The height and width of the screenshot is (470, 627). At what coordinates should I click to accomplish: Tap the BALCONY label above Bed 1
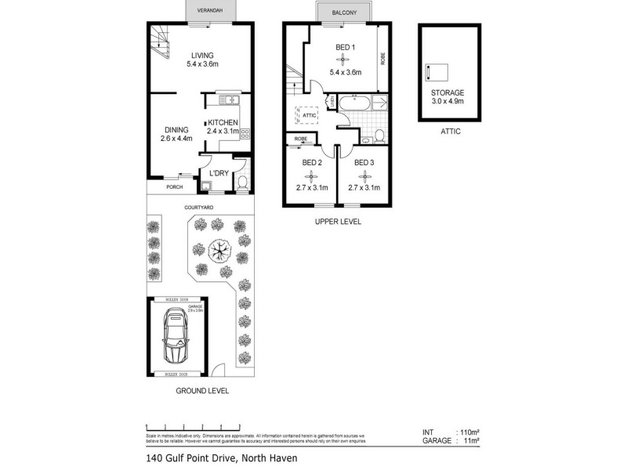[x=346, y=13]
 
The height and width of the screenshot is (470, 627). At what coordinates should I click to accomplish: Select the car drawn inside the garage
[x=176, y=338]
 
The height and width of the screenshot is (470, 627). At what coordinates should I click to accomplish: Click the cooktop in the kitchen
[x=245, y=133]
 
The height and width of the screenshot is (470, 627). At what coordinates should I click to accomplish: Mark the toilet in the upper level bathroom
[x=379, y=136]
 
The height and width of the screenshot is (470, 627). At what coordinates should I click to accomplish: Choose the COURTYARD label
[x=200, y=207]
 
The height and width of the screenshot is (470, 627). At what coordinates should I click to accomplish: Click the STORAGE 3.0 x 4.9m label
[x=448, y=96]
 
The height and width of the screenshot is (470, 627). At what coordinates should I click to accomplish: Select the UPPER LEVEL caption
[x=338, y=222]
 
